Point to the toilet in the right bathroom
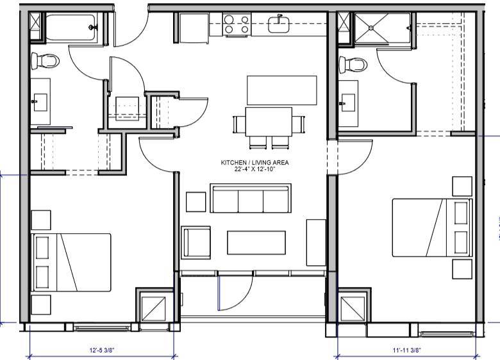[x=353, y=64]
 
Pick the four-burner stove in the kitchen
[x=237, y=25]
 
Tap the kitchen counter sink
[x=279, y=24]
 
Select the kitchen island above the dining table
[x=282, y=90]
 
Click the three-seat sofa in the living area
[x=251, y=199]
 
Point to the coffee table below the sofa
[x=256, y=242]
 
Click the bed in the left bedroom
[x=71, y=261]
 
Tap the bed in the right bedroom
[x=432, y=228]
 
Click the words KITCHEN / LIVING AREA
[x=254, y=163]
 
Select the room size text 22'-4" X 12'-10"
[x=254, y=170]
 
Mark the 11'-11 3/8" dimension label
[x=406, y=350]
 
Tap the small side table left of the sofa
[x=196, y=201]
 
